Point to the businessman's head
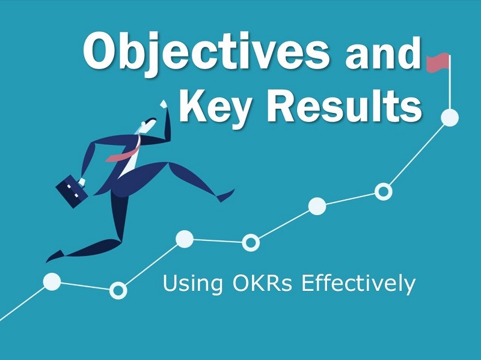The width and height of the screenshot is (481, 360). click(x=147, y=125)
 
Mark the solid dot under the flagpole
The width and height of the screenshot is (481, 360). click(x=450, y=118)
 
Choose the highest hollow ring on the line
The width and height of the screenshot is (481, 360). click(x=383, y=192)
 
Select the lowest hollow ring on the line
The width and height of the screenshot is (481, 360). click(x=118, y=291)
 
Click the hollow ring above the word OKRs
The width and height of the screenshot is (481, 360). click(x=251, y=242)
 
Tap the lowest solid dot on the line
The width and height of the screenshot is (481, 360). click(x=52, y=281)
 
